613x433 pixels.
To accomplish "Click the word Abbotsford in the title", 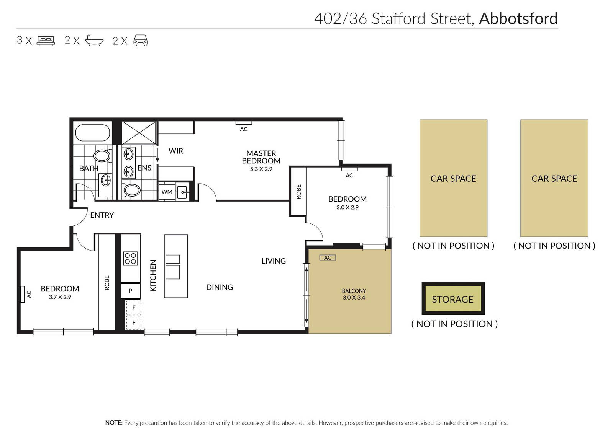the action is point(518,19).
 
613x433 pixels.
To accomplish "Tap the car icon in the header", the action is point(140,41).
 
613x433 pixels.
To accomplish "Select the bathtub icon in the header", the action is point(94,41).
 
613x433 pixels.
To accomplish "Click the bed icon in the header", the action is point(46,41).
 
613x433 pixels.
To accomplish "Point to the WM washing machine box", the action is point(167,192).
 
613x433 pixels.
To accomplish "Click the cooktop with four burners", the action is point(130,259).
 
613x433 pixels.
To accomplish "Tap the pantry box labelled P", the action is point(131,291).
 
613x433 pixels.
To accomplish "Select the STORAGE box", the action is point(453,299).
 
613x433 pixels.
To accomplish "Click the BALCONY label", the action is point(354,291).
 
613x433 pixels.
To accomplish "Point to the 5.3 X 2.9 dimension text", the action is point(261,169).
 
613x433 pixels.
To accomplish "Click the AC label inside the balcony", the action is point(328,257).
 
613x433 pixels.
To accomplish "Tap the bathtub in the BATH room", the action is point(92,133).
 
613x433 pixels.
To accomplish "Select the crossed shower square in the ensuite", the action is point(139,133).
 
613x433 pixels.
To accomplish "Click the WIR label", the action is point(176,151).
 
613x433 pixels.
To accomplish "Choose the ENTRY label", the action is point(102,215).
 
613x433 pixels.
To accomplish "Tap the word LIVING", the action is point(274,261).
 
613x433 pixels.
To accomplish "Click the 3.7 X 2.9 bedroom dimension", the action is point(60,297).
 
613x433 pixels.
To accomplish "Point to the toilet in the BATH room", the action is point(103,156).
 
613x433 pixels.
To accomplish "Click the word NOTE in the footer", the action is point(113,423).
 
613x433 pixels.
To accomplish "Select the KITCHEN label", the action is point(153,276).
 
